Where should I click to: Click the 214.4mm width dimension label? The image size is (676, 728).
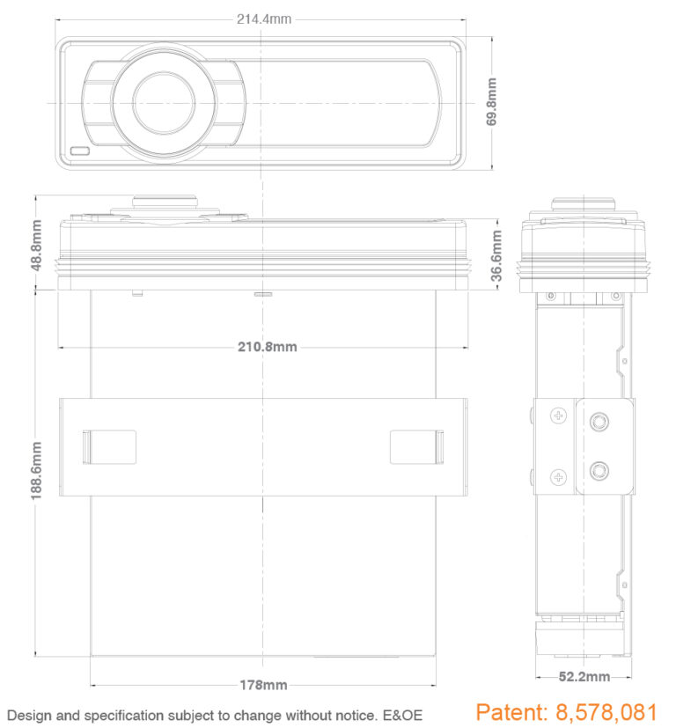pyautogui.click(x=263, y=18)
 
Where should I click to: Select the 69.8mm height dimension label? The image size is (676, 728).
pyautogui.click(x=492, y=101)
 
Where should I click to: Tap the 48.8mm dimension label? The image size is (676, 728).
pyautogui.click(x=37, y=246)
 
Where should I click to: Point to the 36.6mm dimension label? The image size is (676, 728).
pyautogui.click(x=496, y=256)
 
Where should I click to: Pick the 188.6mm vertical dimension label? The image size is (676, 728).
pyautogui.click(x=37, y=471)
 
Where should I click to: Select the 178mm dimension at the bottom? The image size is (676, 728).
pyautogui.click(x=263, y=685)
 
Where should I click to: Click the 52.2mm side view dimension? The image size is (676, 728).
pyautogui.click(x=584, y=677)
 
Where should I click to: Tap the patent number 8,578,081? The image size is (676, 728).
pyautogui.click(x=606, y=712)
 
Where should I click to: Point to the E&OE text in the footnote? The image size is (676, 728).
pyautogui.click(x=402, y=716)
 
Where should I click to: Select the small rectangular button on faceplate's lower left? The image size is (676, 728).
pyautogui.click(x=81, y=151)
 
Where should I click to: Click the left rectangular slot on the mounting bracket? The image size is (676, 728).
pyautogui.click(x=109, y=446)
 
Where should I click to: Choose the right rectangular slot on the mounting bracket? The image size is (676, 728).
pyautogui.click(x=417, y=446)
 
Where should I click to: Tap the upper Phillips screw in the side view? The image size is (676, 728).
pyautogui.click(x=558, y=416)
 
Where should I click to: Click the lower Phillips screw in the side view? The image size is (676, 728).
pyautogui.click(x=558, y=477)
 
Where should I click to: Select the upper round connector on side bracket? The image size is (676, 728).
pyautogui.click(x=600, y=423)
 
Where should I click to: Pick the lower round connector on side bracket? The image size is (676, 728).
pyautogui.click(x=600, y=469)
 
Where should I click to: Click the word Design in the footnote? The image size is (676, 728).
pyautogui.click(x=28, y=716)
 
